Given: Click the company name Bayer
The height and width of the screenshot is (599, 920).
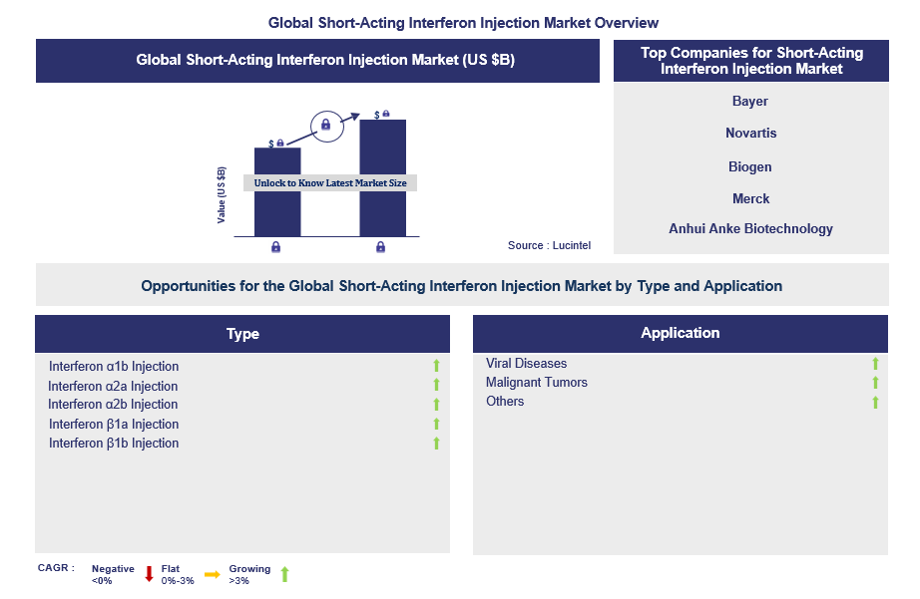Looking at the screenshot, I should click(750, 102).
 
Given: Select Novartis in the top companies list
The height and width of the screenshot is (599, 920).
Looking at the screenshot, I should click(750, 134).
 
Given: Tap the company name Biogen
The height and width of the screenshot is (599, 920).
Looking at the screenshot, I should click(750, 166).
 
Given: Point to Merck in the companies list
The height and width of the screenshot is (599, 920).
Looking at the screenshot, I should click(750, 198).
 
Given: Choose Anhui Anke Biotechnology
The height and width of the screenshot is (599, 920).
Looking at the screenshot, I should click(750, 229).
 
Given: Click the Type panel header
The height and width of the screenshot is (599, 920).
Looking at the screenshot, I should click(242, 334).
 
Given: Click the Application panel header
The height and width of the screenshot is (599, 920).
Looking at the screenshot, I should click(681, 333).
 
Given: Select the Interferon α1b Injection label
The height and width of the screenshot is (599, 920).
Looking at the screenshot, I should click(114, 367).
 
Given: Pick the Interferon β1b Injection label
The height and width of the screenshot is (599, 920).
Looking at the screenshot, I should click(114, 444).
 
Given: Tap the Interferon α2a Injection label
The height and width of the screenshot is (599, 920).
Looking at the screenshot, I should click(113, 387).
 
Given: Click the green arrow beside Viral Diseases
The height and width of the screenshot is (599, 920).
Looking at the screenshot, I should click(875, 364).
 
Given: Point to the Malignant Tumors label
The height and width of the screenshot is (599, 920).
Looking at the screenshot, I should click(537, 383).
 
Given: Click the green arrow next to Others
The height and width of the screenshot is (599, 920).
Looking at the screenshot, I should click(875, 402).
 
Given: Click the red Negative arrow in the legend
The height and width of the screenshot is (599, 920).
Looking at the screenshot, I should click(149, 574).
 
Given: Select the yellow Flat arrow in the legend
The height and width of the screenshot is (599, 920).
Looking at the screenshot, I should click(212, 574).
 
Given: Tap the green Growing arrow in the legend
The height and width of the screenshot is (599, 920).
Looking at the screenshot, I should click(284, 574).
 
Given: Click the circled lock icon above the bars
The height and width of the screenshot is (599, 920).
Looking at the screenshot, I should click(323, 126).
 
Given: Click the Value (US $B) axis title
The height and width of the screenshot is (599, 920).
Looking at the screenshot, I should click(222, 194).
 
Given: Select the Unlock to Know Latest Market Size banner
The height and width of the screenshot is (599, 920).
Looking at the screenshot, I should click(330, 183).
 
